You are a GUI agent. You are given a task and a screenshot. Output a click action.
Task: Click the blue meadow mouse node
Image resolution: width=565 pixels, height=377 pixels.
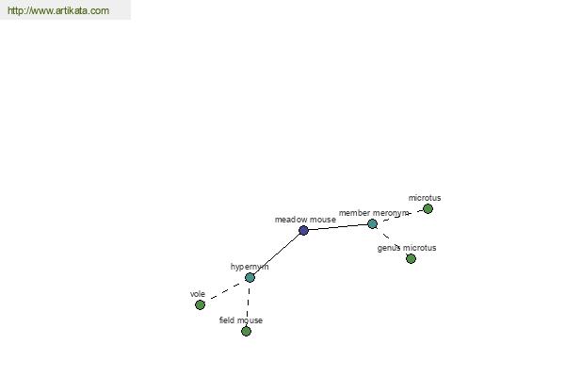[303, 230]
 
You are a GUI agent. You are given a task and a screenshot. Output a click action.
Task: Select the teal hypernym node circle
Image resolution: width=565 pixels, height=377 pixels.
[250, 277]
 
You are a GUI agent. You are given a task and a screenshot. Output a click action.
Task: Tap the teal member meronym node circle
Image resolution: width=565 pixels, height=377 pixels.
[372, 223]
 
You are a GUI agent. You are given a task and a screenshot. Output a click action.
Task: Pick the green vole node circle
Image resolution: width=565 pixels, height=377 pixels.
[200, 304]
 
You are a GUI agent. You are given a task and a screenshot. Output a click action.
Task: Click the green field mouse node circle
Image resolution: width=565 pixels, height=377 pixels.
[246, 331]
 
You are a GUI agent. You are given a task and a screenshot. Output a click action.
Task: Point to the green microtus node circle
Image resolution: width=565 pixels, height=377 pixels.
[428, 208]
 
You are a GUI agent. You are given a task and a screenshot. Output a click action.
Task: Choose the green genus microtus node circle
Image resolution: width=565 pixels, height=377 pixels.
[411, 258]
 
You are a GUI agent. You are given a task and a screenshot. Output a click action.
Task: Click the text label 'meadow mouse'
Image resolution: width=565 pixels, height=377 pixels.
[304, 220]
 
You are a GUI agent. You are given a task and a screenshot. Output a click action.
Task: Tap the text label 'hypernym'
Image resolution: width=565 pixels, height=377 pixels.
[250, 267]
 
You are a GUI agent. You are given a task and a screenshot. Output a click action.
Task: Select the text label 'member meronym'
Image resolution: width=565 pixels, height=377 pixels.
[374, 213]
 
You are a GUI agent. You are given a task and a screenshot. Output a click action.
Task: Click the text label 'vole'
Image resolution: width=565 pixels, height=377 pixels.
[198, 294]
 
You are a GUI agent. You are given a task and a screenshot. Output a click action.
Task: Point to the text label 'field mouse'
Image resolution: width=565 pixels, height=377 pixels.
[241, 320]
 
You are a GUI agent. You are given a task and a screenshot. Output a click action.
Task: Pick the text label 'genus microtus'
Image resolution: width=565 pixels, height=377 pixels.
[407, 248]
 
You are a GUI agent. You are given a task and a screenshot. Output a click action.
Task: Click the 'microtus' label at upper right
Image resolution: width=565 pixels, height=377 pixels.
[424, 198]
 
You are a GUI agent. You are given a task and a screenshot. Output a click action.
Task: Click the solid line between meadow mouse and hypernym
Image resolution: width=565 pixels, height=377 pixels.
[277, 254]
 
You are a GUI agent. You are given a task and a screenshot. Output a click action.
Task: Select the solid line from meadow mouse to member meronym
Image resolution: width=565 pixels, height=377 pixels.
[337, 227]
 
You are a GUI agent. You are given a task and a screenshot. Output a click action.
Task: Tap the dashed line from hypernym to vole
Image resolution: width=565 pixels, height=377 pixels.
[225, 290]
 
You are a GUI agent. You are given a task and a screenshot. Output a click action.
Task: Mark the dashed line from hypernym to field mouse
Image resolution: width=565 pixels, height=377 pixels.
[248, 303]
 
